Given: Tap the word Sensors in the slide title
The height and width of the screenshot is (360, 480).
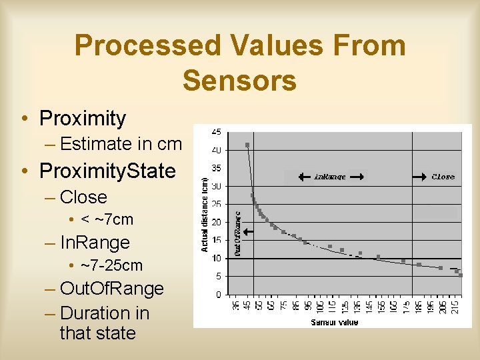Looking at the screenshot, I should click(x=239, y=80).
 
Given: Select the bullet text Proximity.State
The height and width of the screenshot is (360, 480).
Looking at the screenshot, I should click(x=107, y=171).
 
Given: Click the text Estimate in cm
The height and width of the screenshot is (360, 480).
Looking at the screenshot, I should click(x=121, y=143).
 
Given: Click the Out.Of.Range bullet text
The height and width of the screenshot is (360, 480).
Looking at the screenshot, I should click(x=111, y=289).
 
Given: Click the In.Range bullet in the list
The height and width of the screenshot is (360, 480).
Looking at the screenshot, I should click(x=94, y=243).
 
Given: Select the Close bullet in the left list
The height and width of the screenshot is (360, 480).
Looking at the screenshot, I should click(x=83, y=197).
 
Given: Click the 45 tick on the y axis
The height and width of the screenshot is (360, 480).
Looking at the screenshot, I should click(x=217, y=131).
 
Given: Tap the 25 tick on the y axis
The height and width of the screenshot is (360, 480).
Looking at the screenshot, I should click(x=217, y=204).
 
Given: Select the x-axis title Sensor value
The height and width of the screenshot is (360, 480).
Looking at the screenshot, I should click(x=334, y=323).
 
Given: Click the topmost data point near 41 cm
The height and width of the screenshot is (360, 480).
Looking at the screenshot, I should click(x=247, y=145).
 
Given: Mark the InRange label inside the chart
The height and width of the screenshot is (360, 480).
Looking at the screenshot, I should click(x=331, y=177).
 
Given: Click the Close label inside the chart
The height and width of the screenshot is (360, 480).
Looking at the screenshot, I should click(x=443, y=177).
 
